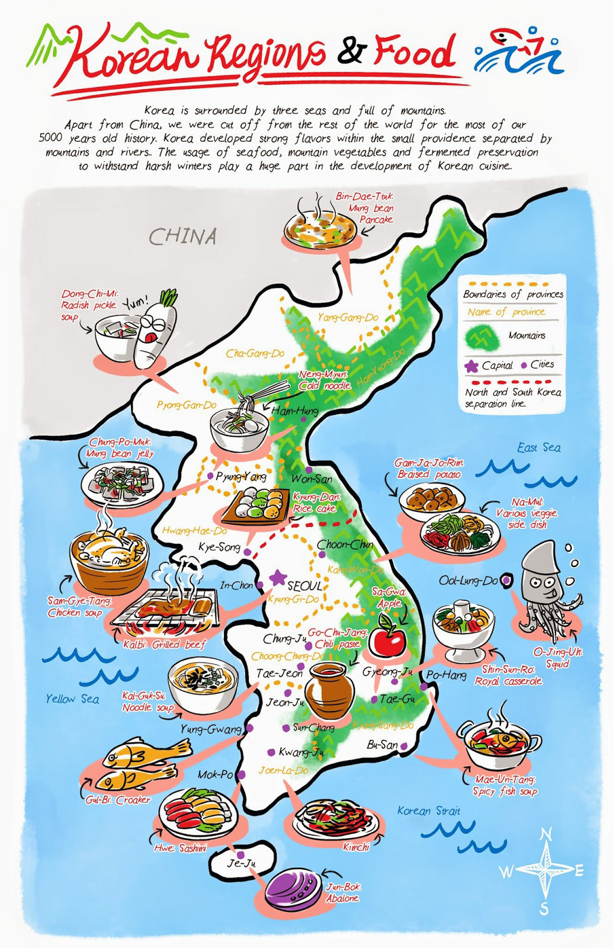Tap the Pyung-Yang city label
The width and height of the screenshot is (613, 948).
pyautogui.click(x=241, y=476)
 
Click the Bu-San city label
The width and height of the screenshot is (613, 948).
pyautogui.click(x=382, y=744)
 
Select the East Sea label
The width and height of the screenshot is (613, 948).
pyautogui.click(x=538, y=447)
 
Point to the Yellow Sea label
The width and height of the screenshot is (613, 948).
pyautogui.click(x=72, y=699)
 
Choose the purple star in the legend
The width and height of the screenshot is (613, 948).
pyautogui.click(x=471, y=366)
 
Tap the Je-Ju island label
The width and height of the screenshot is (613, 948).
pyautogui.click(x=241, y=863)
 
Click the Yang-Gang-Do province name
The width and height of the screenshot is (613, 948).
pyautogui.click(x=347, y=318)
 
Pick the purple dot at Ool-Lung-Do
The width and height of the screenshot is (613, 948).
pyautogui.click(x=507, y=580)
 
